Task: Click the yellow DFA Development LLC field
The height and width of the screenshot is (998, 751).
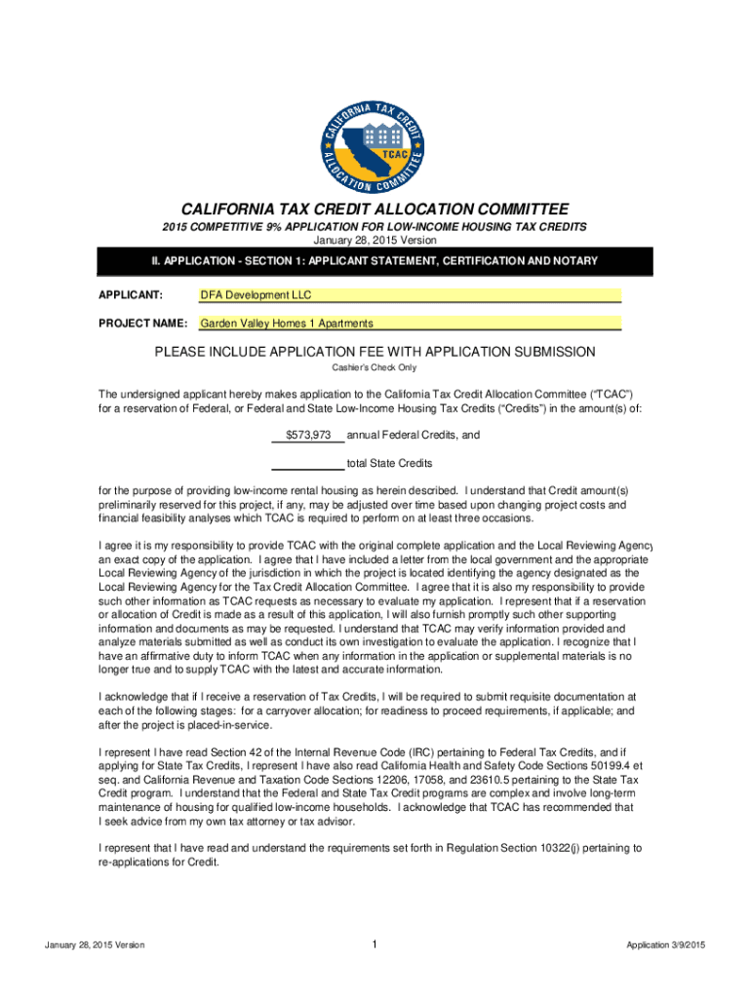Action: click(x=410, y=294)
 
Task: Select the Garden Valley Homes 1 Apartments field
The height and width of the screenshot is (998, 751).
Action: click(x=410, y=324)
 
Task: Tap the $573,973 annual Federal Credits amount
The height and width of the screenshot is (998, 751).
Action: click(x=308, y=435)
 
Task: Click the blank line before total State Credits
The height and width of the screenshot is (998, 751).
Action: click(x=306, y=463)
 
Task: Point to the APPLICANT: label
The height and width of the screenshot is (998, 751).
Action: click(x=130, y=294)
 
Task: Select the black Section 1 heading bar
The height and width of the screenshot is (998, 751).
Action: click(x=375, y=262)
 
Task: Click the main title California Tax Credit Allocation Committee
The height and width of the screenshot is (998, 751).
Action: click(x=375, y=210)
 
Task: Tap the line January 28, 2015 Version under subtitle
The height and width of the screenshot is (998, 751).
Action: click(x=375, y=240)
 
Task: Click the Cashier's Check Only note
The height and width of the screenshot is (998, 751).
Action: click(x=375, y=367)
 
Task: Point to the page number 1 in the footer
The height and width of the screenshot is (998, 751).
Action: click(x=375, y=944)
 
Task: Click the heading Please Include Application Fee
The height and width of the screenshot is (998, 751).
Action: click(x=375, y=352)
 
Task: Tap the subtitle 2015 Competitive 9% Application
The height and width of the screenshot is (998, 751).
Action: click(x=375, y=227)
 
